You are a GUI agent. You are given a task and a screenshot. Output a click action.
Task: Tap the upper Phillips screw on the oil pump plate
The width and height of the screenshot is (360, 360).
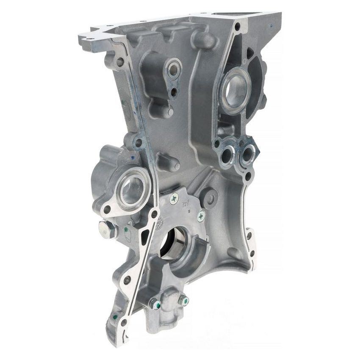click(x=174, y=198)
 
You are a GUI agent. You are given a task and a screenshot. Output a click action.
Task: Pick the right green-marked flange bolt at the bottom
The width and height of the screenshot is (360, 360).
click(x=183, y=300)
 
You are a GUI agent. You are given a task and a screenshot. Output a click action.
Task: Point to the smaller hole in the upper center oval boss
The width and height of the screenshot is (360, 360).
click(x=174, y=91)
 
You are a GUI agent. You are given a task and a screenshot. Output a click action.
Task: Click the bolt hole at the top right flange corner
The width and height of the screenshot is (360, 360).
click(x=237, y=27)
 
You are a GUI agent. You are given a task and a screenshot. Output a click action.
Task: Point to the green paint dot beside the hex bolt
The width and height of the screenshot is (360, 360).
click(x=126, y=230)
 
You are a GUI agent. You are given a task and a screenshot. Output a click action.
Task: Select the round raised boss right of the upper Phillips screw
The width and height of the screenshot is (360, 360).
click(x=210, y=196)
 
